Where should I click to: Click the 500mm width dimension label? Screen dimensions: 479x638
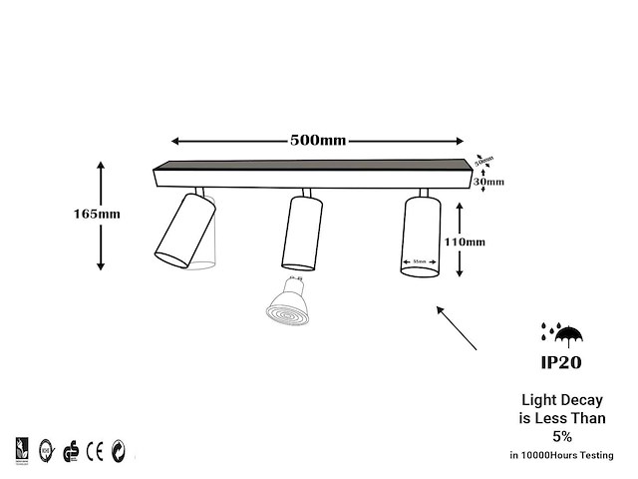(x=318, y=140)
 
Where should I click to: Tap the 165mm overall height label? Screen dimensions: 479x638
(x=97, y=214)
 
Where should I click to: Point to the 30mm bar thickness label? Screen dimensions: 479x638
(x=488, y=182)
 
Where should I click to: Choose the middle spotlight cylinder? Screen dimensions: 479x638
(x=302, y=232)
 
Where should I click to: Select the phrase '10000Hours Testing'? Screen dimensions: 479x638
(x=574, y=455)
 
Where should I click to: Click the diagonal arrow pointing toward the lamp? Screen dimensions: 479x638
(x=458, y=327)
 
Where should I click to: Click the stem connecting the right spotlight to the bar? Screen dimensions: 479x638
(x=423, y=193)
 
